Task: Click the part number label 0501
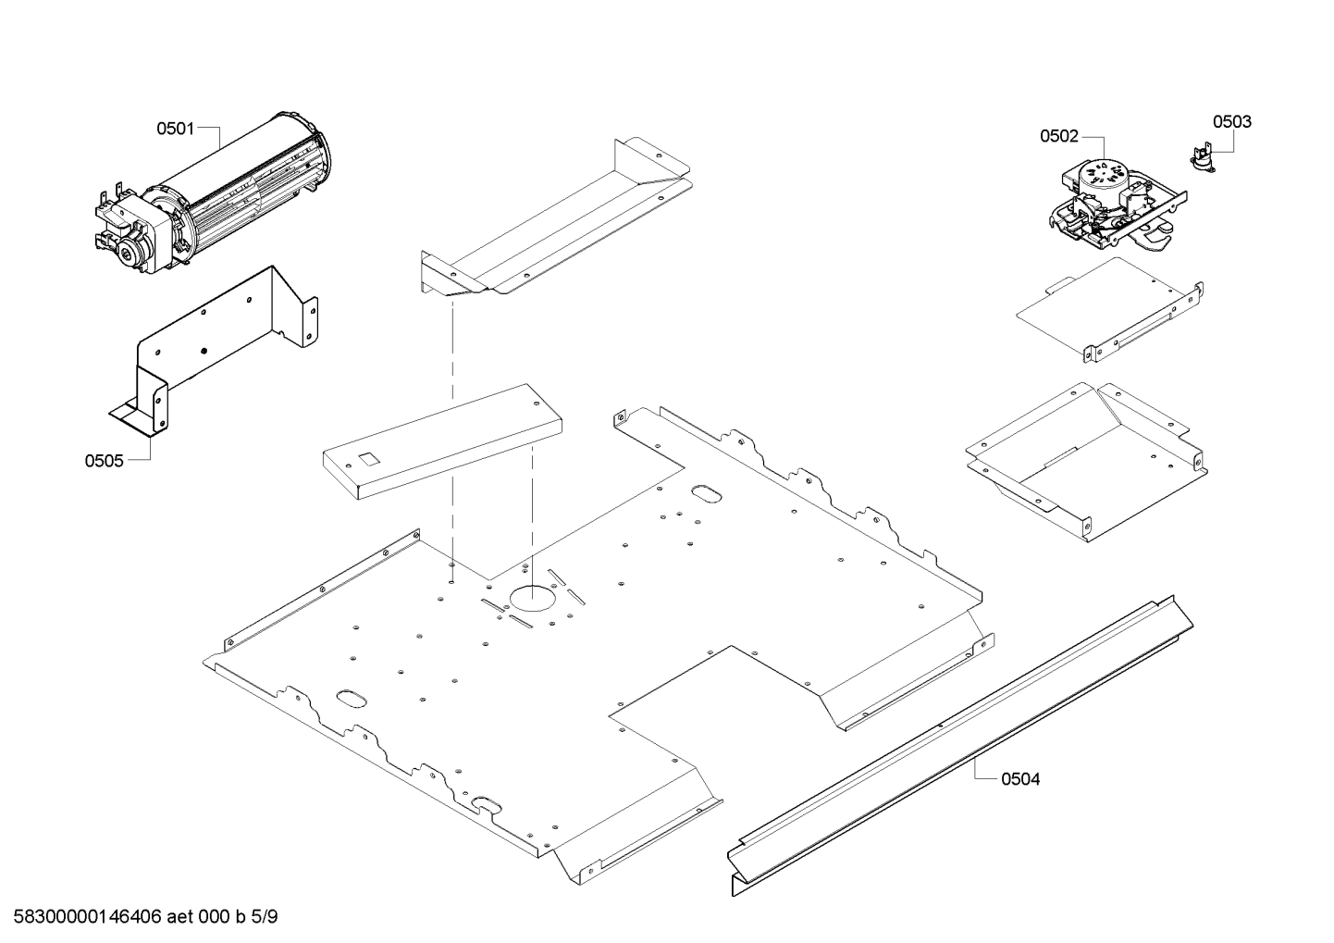click(175, 129)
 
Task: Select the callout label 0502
click(1058, 136)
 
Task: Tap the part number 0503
click(1231, 121)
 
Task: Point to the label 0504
click(1020, 779)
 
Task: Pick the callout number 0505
click(104, 460)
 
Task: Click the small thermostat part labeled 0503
click(1202, 159)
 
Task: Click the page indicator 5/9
click(265, 917)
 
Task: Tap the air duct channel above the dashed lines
click(555, 227)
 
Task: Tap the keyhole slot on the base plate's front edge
click(484, 803)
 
